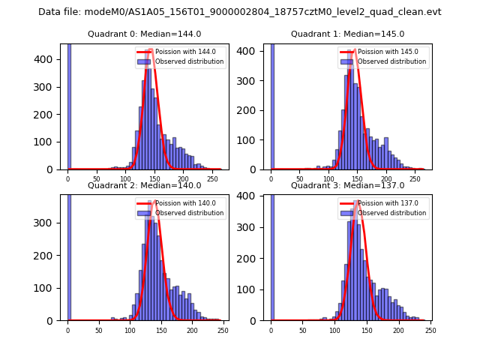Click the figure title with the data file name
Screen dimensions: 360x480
pyautogui.click(x=240, y=12)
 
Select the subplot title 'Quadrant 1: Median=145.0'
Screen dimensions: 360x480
pyautogui.click(x=347, y=34)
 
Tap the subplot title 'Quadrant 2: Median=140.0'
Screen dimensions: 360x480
pyautogui.click(x=145, y=185)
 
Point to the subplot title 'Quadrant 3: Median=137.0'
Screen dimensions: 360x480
pyautogui.click(x=347, y=185)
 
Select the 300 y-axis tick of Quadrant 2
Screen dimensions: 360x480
pyautogui.click(x=52, y=223)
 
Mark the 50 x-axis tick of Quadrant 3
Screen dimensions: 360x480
pyautogui.click(x=303, y=329)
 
